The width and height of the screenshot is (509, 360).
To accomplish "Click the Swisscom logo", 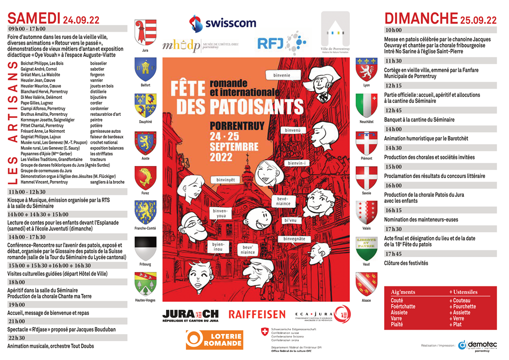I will click(222, 23).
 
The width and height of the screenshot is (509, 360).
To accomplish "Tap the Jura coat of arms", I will click(145, 33).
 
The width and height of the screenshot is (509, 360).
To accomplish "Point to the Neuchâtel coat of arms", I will click(366, 105).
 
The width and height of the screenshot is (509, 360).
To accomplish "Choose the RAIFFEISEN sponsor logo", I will click(257, 314).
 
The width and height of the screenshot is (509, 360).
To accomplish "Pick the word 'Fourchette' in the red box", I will click(464, 306).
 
